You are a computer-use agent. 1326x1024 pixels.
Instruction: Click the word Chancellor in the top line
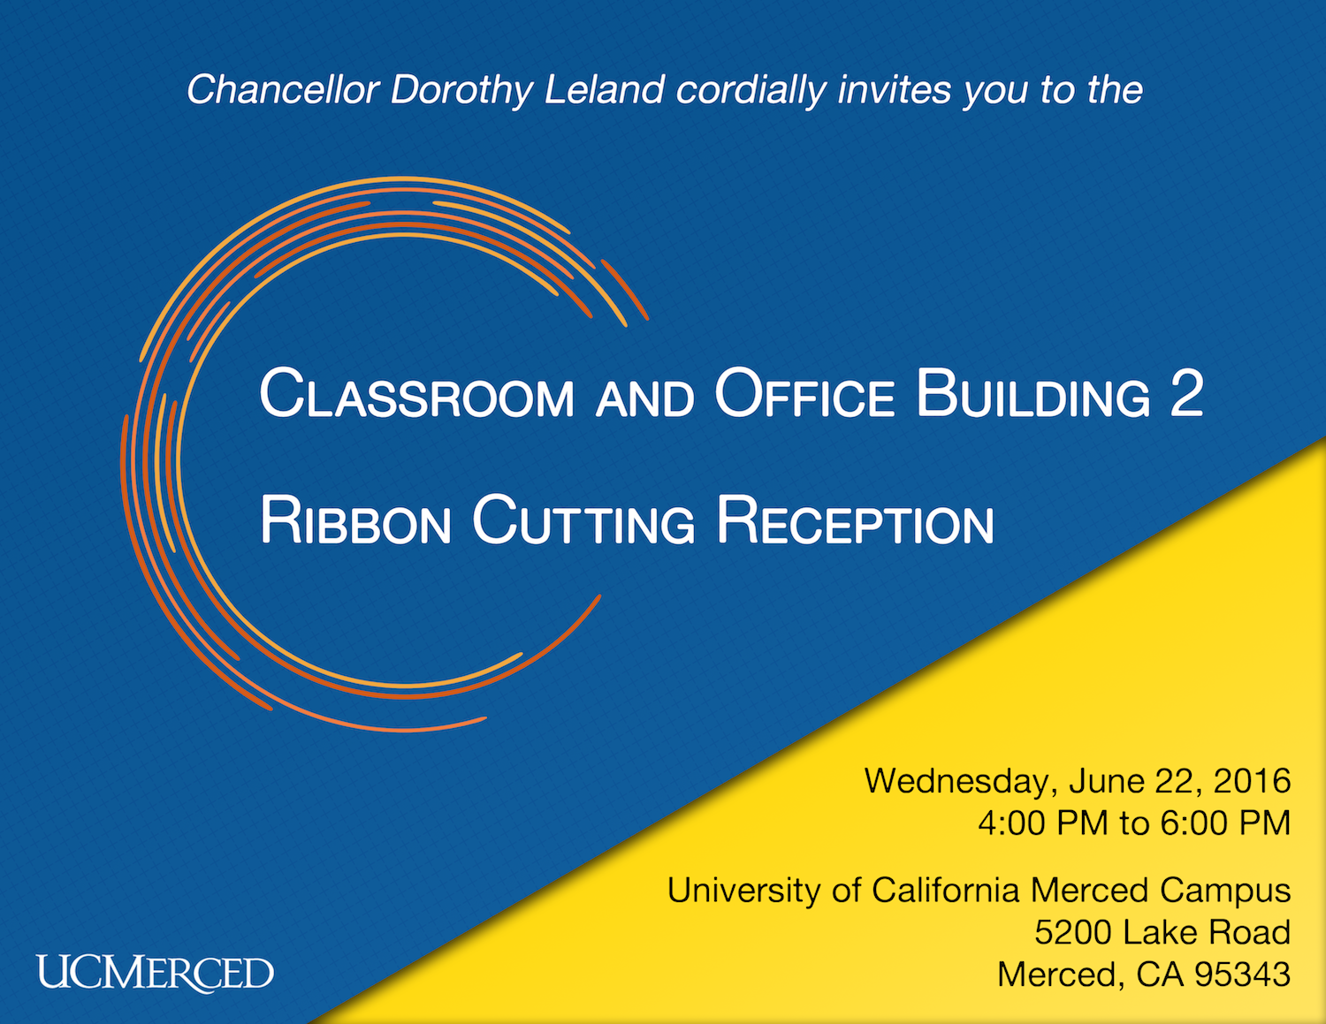click(283, 89)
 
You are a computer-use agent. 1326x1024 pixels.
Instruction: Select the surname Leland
click(604, 89)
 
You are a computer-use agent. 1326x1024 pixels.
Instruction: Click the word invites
click(894, 89)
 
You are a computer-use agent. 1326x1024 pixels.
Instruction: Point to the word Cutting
click(583, 520)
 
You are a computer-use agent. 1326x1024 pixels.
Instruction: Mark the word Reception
click(855, 520)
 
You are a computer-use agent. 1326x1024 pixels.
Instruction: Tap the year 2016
click(1252, 781)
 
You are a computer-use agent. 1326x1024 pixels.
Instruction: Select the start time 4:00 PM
click(1043, 823)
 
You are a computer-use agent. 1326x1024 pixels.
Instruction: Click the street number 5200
click(1073, 932)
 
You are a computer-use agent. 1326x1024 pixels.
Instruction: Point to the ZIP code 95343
click(1242, 975)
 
